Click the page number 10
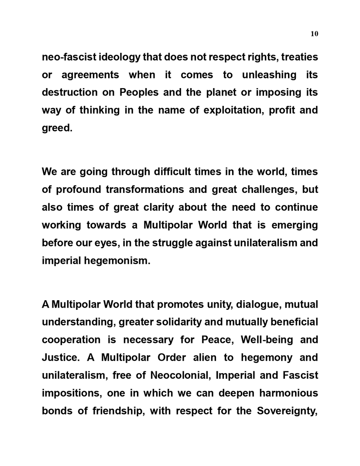pyautogui.click(x=314, y=34)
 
